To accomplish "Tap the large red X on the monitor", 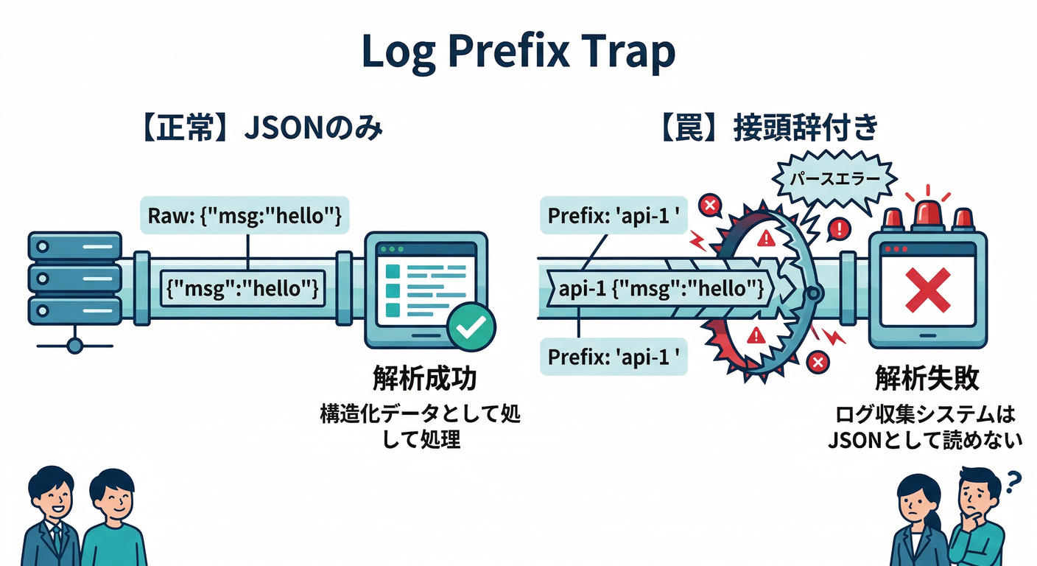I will point(927,290).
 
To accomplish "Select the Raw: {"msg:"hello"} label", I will point(244,217).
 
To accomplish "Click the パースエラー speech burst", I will point(834,179).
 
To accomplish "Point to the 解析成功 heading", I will point(424,379).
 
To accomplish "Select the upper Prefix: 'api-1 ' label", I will point(614,217).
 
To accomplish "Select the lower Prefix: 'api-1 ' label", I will point(614,357).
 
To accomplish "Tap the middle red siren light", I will point(927,212).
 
